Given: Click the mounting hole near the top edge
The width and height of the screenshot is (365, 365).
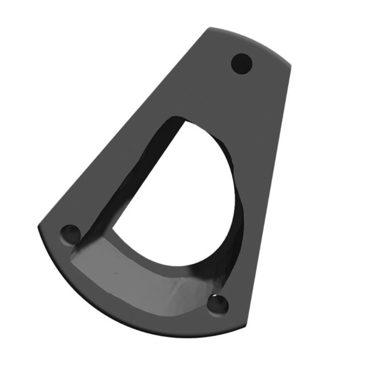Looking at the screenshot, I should (x=242, y=63).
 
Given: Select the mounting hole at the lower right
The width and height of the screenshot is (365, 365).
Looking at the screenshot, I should (x=219, y=304).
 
